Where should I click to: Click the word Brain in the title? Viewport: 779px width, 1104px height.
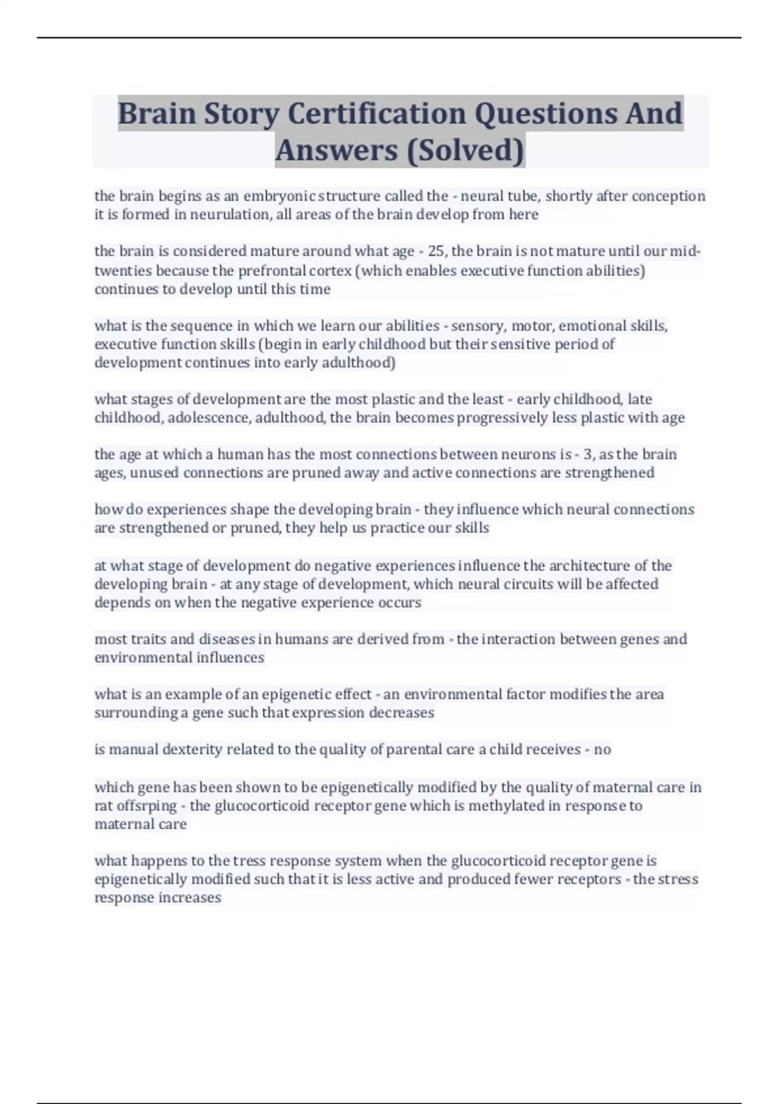click(x=157, y=114)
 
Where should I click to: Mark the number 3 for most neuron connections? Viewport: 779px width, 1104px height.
click(x=588, y=454)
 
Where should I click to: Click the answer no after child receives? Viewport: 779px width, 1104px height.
click(x=602, y=749)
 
